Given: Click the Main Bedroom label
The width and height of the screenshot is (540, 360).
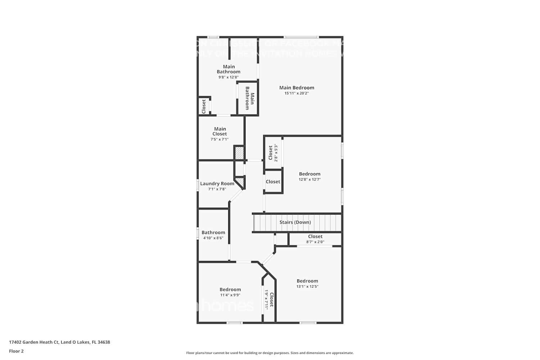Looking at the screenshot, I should [297, 87].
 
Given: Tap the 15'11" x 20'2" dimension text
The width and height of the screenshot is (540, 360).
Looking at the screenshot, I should [297, 93].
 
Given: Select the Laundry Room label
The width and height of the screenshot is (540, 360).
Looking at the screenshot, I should [217, 184].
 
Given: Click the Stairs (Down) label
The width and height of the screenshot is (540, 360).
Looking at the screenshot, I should [295, 222].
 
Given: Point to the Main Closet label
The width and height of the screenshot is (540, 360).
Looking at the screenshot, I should [220, 131].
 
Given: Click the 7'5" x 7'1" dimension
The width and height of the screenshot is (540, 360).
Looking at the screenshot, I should [220, 139].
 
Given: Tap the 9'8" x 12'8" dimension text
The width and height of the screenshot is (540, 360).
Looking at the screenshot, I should [228, 77].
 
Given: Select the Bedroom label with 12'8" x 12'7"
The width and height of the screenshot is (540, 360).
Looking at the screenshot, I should [310, 174].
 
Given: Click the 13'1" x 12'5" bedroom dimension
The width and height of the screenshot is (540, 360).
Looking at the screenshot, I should [307, 287].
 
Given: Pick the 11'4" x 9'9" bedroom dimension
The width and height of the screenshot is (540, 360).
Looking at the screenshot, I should [230, 295].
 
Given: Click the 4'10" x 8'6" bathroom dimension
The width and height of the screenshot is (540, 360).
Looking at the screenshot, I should [213, 238].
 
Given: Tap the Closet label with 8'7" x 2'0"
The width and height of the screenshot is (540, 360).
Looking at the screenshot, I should [315, 237].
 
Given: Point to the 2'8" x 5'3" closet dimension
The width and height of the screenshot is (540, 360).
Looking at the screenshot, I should [276, 153].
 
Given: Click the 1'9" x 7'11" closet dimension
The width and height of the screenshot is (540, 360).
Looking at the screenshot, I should [266, 300].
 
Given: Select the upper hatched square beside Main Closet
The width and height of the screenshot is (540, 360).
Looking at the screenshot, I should [239, 153].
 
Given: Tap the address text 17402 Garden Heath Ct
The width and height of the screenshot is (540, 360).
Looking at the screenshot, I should [59, 342].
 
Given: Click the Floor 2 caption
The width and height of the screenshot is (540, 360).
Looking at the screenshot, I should [16, 351].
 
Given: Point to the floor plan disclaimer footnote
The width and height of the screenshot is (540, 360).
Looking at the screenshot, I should [270, 353].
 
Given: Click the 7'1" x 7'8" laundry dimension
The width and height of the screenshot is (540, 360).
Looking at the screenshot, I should [217, 189].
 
